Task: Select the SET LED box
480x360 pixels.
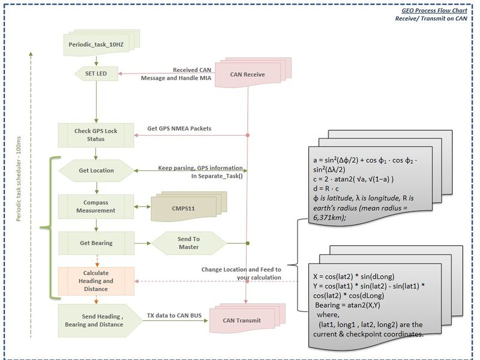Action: [x=97, y=74]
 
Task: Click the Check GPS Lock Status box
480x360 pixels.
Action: [x=96, y=135]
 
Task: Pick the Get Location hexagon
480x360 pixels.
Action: [x=96, y=170]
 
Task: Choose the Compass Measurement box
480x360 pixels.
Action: [x=96, y=206]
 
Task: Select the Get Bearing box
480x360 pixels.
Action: [x=96, y=243]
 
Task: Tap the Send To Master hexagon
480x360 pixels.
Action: [x=189, y=243]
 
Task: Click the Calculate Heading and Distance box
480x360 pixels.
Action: [x=96, y=281]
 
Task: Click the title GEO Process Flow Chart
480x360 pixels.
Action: [x=434, y=10]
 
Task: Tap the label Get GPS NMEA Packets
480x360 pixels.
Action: [x=179, y=128]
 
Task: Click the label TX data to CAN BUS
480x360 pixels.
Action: [x=174, y=316]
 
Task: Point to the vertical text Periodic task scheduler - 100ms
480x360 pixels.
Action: [x=19, y=179]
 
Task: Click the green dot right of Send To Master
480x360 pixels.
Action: [x=248, y=244]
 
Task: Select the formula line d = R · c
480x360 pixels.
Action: [x=326, y=188]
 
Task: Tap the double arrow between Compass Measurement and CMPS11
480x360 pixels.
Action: [x=142, y=207]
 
